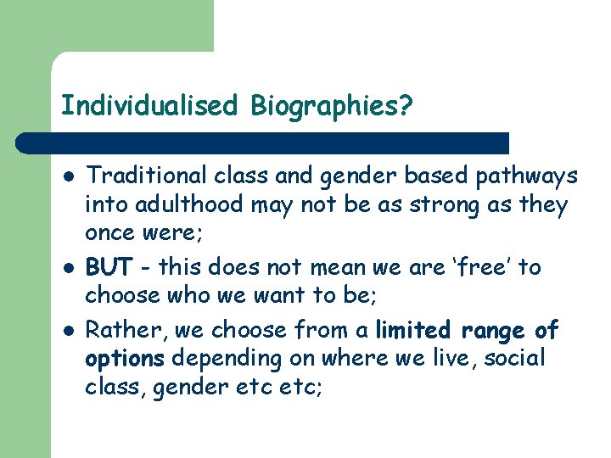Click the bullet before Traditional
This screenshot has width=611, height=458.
tap(67, 176)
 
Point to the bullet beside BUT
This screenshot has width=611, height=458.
tap(67, 268)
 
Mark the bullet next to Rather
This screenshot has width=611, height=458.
tap(67, 329)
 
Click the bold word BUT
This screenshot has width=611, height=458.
tap(108, 268)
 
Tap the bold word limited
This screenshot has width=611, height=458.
tap(412, 328)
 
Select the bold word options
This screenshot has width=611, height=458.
tap(124, 359)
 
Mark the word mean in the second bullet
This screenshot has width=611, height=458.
tap(313, 267)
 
